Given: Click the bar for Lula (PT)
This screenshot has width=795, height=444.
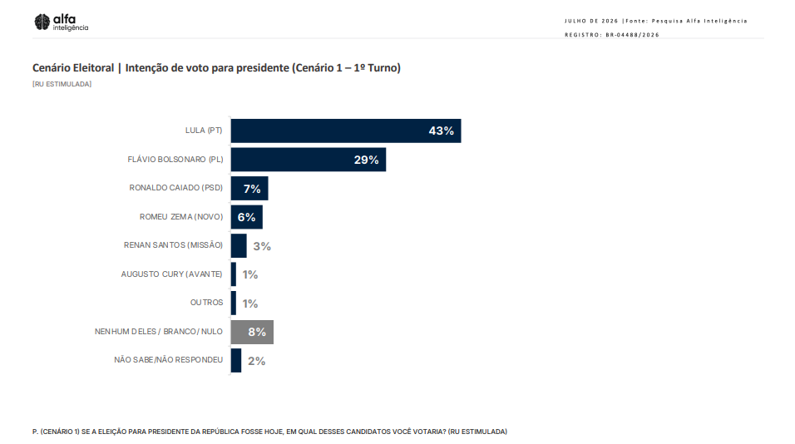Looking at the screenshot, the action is pos(346,131).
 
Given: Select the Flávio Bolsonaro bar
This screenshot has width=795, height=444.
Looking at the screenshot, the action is pos(309,160).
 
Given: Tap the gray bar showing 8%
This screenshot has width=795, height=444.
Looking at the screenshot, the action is pos(252,332).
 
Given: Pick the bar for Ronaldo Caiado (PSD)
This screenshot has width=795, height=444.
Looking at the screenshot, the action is pos(249,189).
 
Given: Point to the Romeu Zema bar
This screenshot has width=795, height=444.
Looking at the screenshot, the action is pos(247,217).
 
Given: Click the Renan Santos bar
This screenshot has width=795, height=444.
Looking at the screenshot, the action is pos(239,246).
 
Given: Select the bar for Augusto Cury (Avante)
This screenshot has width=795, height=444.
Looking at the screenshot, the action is pos(234,274).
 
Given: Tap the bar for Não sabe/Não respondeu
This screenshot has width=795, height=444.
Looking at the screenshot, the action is pos(236,360).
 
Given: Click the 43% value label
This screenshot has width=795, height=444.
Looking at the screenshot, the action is pos(441,131).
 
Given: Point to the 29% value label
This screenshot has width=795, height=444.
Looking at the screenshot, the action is pos(366,160).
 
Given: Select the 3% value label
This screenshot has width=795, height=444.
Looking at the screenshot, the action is pos(262,246).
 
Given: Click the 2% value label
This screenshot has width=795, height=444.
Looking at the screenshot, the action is pos(257,361).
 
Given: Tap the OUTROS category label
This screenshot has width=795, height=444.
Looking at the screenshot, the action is pos(206,303).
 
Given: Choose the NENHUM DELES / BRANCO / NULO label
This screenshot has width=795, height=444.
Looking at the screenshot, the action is pos(159,332).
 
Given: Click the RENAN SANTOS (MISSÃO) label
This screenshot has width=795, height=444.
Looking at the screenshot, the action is pos(174,245).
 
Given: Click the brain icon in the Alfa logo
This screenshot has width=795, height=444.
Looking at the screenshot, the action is pos(42,22).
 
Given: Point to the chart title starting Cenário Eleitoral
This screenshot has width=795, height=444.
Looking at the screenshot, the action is pos(216,68).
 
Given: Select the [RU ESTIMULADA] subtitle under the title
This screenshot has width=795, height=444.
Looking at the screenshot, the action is pos(62,84).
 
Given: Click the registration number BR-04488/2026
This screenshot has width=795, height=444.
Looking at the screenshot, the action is pos(632,35).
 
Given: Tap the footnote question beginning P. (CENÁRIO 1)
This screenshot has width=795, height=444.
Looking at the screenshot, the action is pos(269,432).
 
